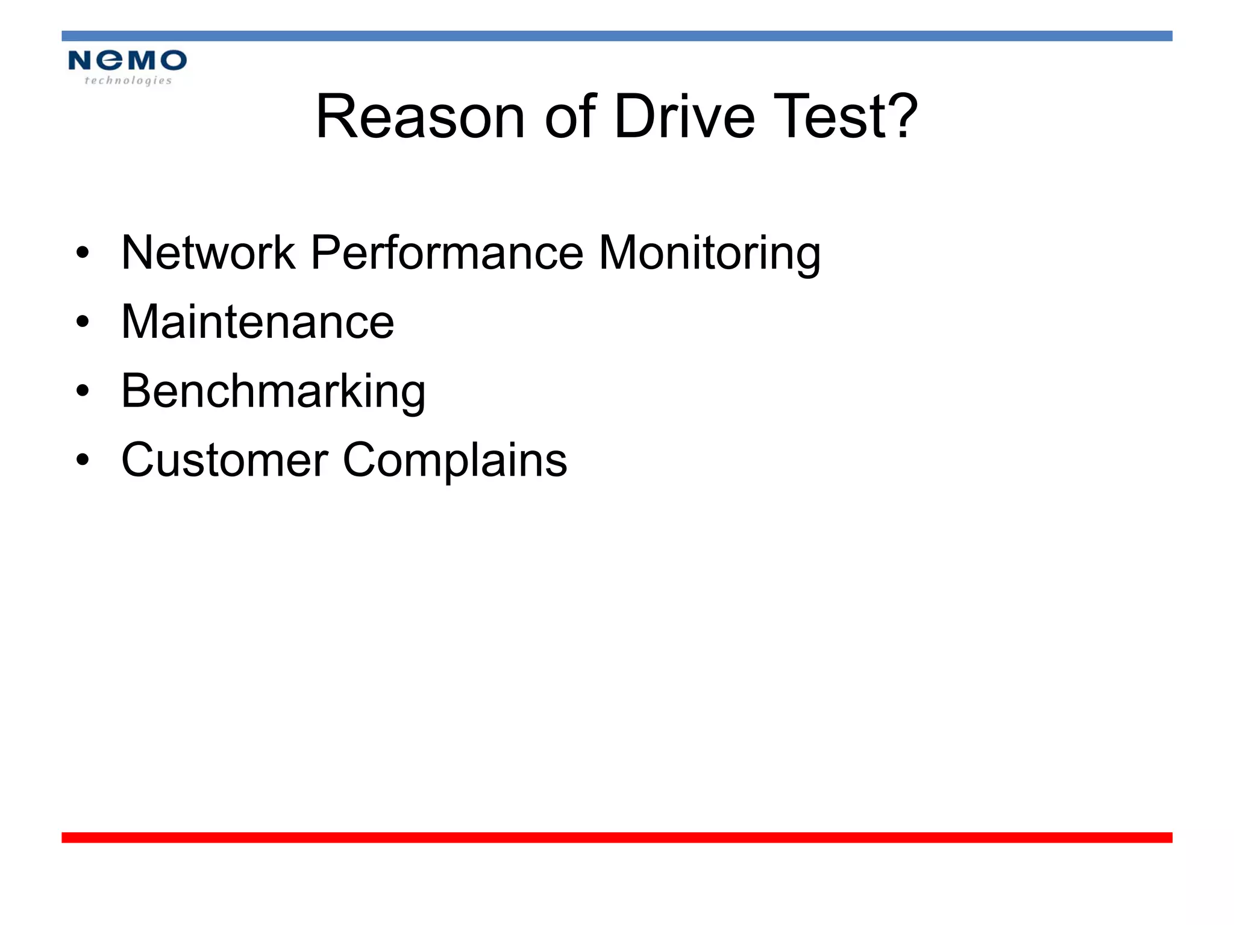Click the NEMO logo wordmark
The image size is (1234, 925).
(127, 60)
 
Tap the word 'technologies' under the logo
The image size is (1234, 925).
(128, 81)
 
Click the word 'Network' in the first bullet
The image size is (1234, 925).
(208, 252)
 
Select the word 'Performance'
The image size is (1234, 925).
(446, 252)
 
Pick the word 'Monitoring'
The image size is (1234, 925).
(709, 254)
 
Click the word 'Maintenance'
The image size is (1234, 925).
(258, 322)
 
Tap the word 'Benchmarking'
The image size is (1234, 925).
(274, 391)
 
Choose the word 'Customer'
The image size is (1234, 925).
(225, 460)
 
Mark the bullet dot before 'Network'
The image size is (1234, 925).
(83, 253)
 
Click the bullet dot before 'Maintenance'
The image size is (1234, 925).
(83, 322)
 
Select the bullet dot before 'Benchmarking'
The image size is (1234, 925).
(83, 391)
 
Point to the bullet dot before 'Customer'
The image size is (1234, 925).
(83, 461)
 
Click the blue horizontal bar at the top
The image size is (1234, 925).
(617, 36)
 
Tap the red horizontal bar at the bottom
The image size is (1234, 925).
(617, 837)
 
